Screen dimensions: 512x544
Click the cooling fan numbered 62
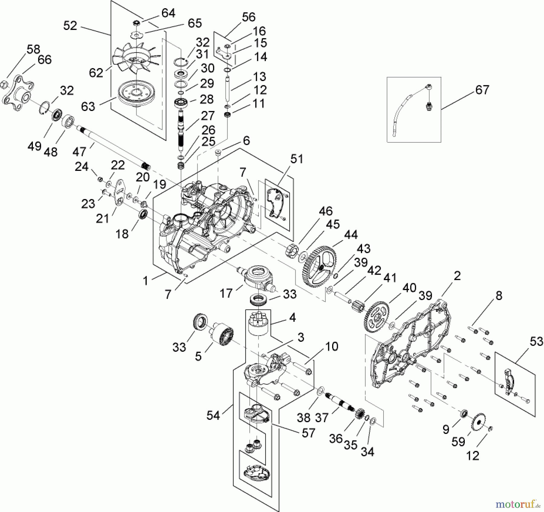pos(135,59)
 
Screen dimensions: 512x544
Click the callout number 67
pos(482,90)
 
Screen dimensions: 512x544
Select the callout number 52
pos(70,26)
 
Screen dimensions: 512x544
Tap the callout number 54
pos(213,416)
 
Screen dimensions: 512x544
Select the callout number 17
pos(226,293)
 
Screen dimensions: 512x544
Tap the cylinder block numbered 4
pos(258,324)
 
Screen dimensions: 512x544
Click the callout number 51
pos(296,158)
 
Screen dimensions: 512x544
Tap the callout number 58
pos(33,49)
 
